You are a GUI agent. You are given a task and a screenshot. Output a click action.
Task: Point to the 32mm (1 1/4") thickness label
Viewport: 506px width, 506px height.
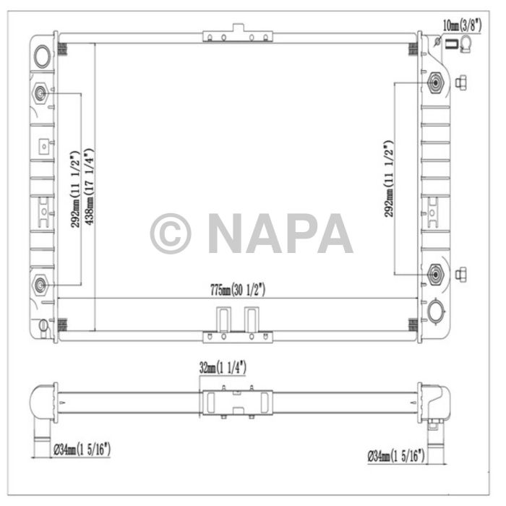click(x=223, y=368)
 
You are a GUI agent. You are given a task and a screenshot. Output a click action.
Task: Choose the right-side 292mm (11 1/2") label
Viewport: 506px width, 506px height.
click(x=389, y=177)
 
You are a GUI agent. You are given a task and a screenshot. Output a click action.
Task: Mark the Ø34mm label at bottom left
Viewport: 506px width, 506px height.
click(x=82, y=450)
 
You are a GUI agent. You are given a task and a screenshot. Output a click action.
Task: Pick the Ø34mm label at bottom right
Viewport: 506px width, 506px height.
click(x=395, y=455)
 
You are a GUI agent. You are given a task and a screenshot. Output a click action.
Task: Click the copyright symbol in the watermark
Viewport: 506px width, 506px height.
click(x=171, y=233)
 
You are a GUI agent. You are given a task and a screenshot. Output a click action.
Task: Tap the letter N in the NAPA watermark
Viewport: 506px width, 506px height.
click(x=227, y=233)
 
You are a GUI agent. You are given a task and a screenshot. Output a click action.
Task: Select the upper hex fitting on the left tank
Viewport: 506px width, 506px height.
click(x=40, y=93)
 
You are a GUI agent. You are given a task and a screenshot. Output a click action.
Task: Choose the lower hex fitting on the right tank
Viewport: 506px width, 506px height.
click(x=436, y=274)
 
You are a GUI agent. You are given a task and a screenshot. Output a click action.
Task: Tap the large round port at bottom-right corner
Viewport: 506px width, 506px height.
click(x=436, y=312)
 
